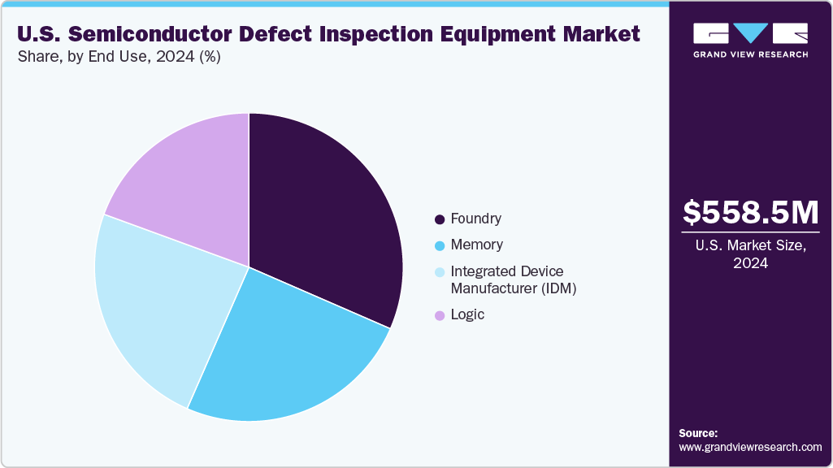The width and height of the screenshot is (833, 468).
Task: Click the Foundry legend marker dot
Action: pyautogui.click(x=440, y=219)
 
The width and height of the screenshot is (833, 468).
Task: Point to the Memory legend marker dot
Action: pyautogui.click(x=440, y=245)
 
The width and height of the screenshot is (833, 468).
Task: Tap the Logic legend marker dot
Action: pyautogui.click(x=440, y=315)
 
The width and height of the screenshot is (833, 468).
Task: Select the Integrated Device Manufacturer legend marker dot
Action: pyautogui.click(x=440, y=271)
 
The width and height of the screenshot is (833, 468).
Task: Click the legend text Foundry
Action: pyautogui.click(x=475, y=219)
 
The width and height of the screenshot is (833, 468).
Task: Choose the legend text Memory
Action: pyautogui.click(x=476, y=245)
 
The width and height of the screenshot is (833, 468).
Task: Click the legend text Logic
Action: pyautogui.click(x=467, y=314)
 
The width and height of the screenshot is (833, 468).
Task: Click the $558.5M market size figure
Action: pyautogui.click(x=751, y=212)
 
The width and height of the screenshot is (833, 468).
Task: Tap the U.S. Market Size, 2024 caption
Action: pyautogui.click(x=751, y=253)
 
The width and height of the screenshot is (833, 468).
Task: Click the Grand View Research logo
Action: pyautogui.click(x=750, y=40)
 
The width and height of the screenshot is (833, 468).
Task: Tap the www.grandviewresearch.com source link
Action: pyautogui.click(x=750, y=447)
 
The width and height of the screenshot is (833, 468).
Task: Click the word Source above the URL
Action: pyautogui.click(x=698, y=433)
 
